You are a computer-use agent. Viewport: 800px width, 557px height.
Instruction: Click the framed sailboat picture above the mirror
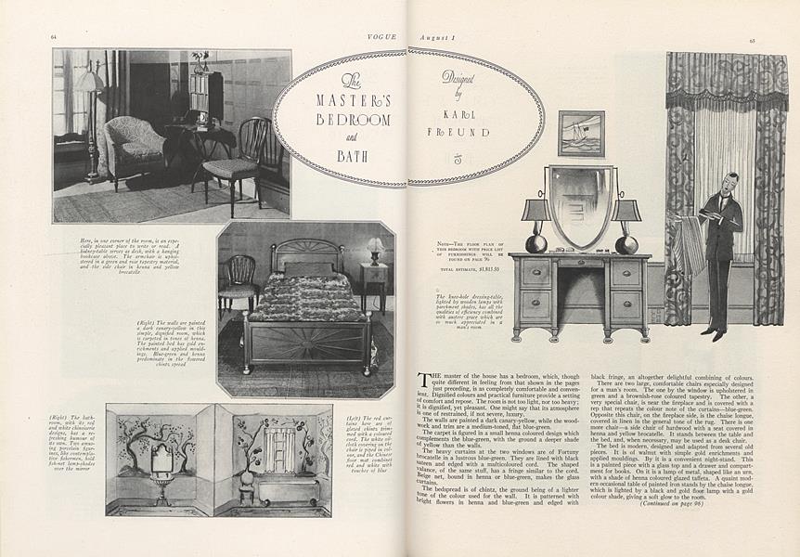tap(581, 133)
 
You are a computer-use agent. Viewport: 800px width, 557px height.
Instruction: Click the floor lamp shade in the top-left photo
tap(89, 83)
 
